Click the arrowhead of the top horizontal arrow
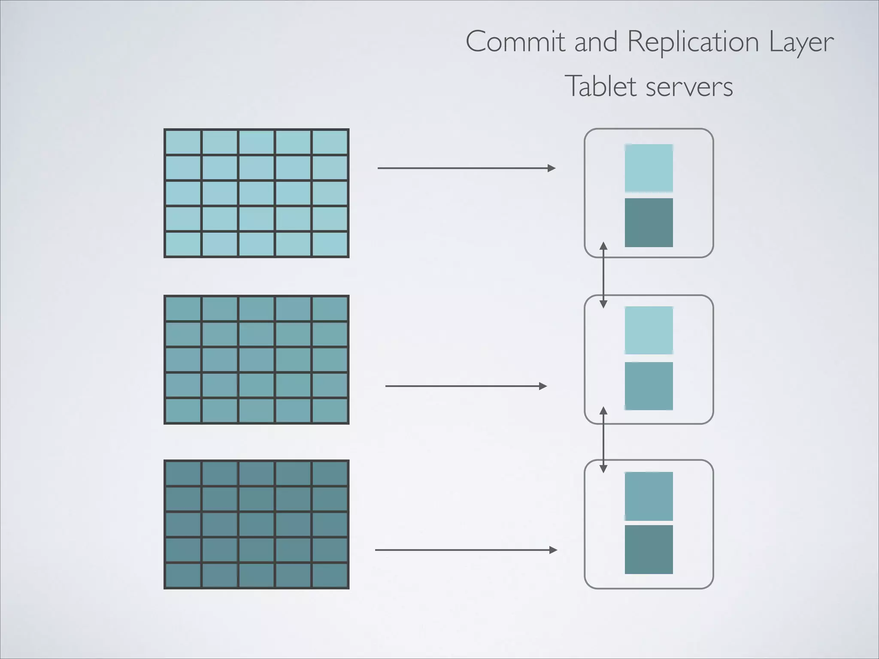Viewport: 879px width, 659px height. tap(552, 168)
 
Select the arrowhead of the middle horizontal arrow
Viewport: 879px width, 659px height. tap(543, 386)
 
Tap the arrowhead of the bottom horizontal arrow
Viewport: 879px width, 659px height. tap(553, 550)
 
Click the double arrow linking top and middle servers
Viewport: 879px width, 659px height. tap(603, 275)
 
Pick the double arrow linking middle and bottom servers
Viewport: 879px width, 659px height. tap(603, 440)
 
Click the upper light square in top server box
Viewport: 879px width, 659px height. tap(649, 168)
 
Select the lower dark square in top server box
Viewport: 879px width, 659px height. tap(649, 222)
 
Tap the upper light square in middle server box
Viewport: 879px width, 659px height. tap(649, 330)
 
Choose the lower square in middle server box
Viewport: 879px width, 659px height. tap(649, 386)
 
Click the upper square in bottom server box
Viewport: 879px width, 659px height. tap(649, 496)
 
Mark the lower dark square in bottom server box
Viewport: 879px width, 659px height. tap(649, 549)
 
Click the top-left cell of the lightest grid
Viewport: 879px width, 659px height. tap(183, 142)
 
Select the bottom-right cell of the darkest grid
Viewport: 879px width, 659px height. tap(330, 575)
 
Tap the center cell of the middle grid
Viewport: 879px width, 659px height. tap(256, 360)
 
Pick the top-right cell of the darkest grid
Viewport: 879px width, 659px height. tap(330, 474)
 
